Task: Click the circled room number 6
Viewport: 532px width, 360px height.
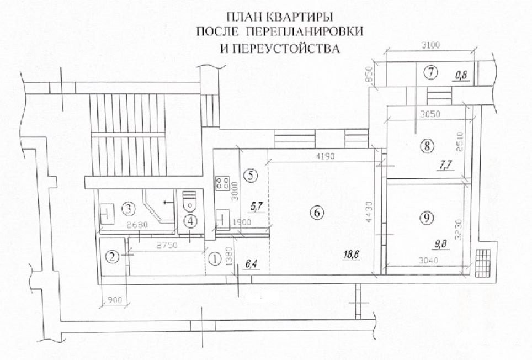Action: click(317, 213)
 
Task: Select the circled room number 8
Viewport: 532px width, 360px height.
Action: click(427, 146)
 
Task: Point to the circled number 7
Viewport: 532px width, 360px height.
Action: click(431, 72)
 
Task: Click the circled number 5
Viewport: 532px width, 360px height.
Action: click(251, 175)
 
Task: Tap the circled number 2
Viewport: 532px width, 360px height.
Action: click(113, 257)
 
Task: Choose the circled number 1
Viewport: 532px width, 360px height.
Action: click(215, 260)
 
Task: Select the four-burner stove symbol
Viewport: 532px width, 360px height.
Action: click(222, 183)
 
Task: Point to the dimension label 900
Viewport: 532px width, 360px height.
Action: click(115, 300)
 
